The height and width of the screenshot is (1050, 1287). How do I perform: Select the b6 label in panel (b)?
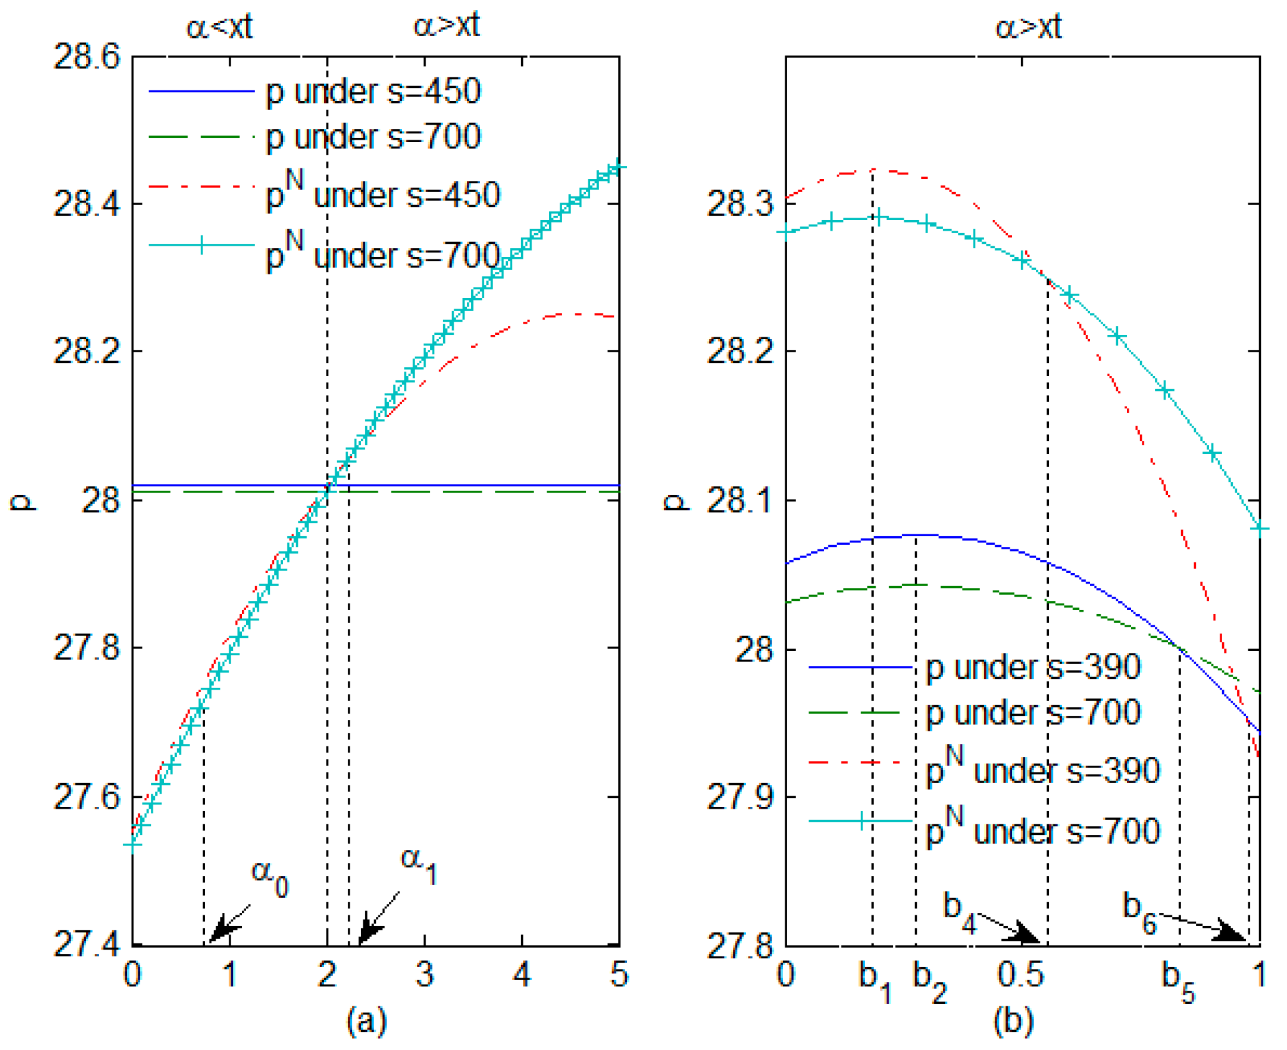(x=1139, y=912)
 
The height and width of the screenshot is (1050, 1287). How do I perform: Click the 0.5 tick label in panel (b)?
(x=1020, y=973)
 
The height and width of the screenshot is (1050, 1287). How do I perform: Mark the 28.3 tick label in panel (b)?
(x=739, y=204)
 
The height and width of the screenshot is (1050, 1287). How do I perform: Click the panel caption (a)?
(x=366, y=1021)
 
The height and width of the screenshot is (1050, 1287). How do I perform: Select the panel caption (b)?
(x=1013, y=1021)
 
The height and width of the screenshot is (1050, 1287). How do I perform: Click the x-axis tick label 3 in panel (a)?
(x=424, y=974)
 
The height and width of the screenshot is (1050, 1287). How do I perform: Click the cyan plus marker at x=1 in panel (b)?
(x=1260, y=529)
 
